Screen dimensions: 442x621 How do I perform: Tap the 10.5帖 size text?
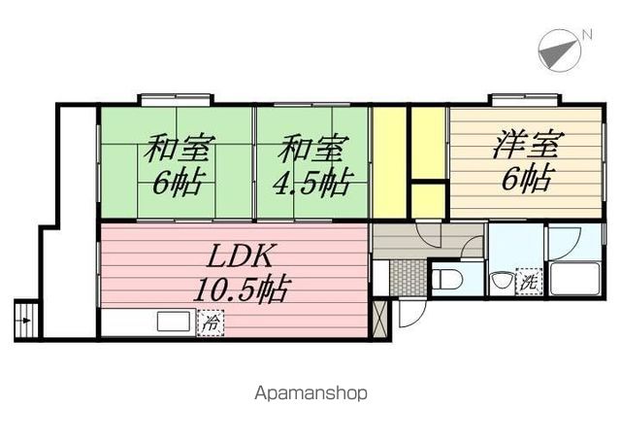(240, 289)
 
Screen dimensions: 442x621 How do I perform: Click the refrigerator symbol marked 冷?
(210, 323)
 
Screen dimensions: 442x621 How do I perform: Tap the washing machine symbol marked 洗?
(530, 282)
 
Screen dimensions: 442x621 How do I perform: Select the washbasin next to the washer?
(501, 283)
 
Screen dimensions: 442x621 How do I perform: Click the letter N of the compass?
(586, 36)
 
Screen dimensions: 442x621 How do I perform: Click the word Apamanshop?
(310, 393)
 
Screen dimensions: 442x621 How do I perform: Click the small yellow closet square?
(428, 200)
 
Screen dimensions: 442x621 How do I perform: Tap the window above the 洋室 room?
(524, 99)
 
